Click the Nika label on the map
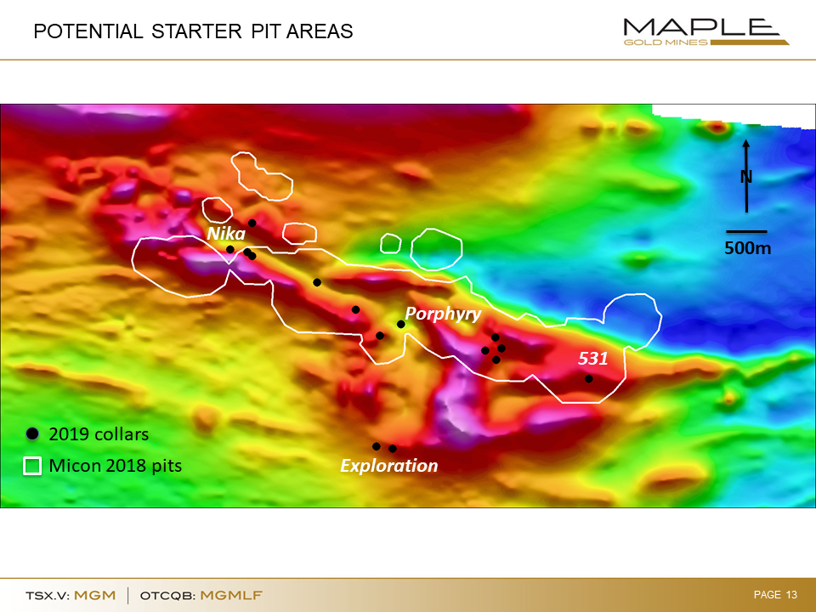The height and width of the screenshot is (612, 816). [x=226, y=233]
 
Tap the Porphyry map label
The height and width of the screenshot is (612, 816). [x=443, y=314]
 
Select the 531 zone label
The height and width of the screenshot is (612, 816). [x=592, y=358]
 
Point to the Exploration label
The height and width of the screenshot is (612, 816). [x=388, y=465]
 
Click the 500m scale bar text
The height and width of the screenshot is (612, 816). [x=747, y=248]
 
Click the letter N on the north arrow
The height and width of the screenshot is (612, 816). [x=746, y=177]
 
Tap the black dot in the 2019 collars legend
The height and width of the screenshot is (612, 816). [x=32, y=433]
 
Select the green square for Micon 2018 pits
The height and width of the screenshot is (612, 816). [x=32, y=466]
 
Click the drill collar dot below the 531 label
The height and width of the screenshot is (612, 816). [x=588, y=379]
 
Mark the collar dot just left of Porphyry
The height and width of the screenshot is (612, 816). [x=400, y=324]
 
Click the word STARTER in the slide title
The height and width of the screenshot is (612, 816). [x=196, y=31]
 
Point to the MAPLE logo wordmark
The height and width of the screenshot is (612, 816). [x=701, y=26]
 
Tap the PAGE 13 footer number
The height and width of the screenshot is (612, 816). [x=775, y=594]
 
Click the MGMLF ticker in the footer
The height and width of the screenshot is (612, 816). [x=231, y=595]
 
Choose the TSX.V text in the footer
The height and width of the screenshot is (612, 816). [x=48, y=595]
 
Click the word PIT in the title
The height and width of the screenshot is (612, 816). [x=265, y=31]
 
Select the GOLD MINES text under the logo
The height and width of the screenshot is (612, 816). [x=666, y=42]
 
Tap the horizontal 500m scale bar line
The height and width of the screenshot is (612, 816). [x=746, y=231]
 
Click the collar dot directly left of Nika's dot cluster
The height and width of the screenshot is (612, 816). [x=230, y=250]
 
